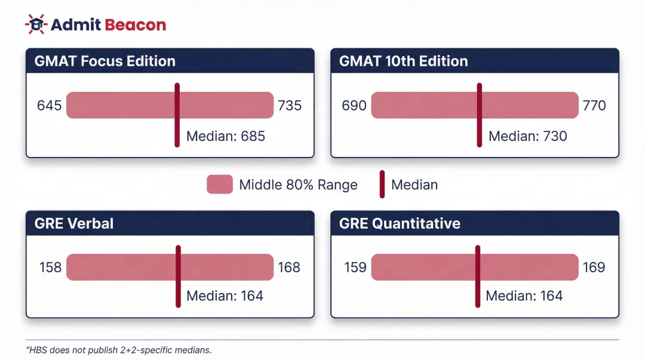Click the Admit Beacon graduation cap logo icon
coord(36,24)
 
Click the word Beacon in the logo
coord(135,24)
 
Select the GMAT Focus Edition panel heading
coord(105,61)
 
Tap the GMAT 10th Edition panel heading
coord(403,61)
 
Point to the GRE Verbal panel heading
coord(74,223)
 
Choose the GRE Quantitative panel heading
coord(400,223)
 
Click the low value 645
coord(49,106)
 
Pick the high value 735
coord(290,106)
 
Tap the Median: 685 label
coord(225,136)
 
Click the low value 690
coord(354,106)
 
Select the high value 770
coord(594,106)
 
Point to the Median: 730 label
coord(527,136)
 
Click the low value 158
coord(50,267)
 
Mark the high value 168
coord(289,267)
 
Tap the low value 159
coord(355,267)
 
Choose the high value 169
coord(594,267)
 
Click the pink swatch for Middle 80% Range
coord(219,184)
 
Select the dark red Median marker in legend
coord(382,184)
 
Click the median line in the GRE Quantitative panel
coord(477,276)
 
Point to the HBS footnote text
coord(119,350)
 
